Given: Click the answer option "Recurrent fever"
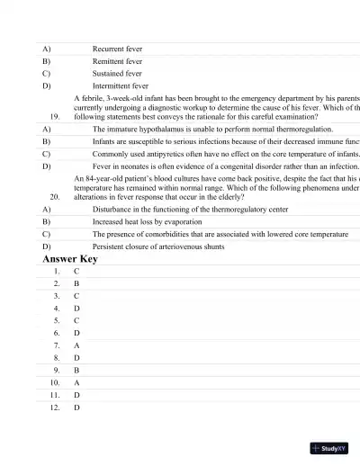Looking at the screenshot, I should [x=117, y=48].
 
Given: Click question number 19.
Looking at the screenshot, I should [x=55, y=117].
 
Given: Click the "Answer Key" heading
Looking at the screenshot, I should [x=70, y=259].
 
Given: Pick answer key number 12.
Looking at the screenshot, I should [x=55, y=407].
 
